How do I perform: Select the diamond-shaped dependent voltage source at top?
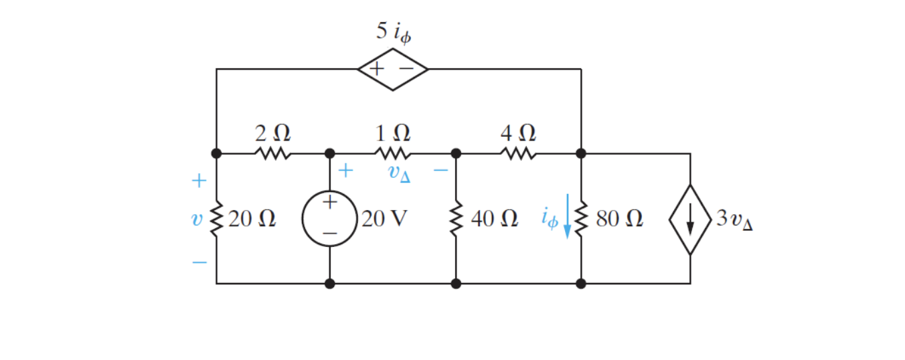(x=393, y=69)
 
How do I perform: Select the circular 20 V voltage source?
(x=329, y=219)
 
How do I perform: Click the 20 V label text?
(x=384, y=219)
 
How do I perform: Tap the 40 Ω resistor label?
(x=494, y=219)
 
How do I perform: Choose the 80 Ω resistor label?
(x=619, y=219)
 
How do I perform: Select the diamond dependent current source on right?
(x=690, y=219)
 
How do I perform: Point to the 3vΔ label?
(x=734, y=220)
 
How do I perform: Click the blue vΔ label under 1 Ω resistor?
(x=399, y=173)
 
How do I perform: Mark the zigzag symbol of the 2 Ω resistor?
(x=272, y=154)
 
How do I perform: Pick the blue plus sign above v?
(x=199, y=181)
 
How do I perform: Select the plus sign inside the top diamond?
(x=377, y=68)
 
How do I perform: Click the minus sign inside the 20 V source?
(x=329, y=233)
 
